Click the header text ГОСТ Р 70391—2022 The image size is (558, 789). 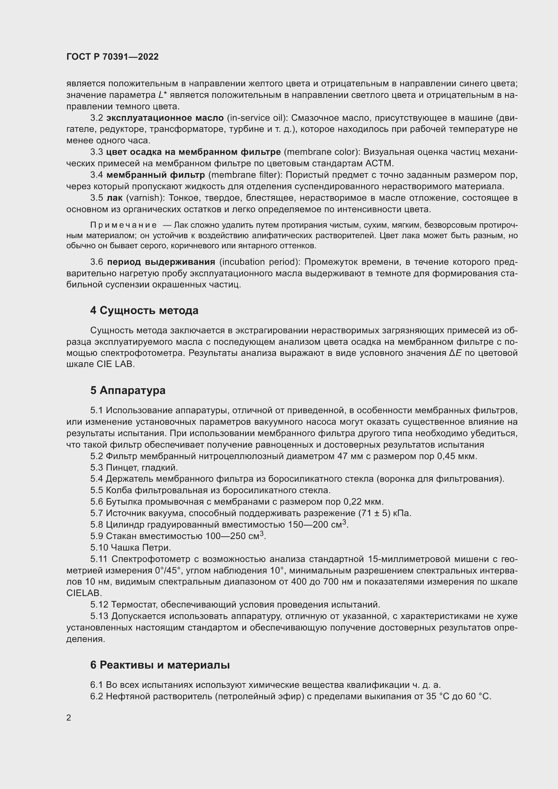(x=112, y=57)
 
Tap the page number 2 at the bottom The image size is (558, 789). (x=69, y=717)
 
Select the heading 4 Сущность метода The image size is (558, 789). (x=144, y=311)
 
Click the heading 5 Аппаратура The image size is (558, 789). (x=128, y=390)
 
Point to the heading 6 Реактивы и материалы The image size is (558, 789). (x=160, y=665)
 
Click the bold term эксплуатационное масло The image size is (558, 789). (x=165, y=118)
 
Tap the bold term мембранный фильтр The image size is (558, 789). (x=156, y=175)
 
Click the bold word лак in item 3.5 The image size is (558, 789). (x=114, y=198)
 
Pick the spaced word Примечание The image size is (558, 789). (x=123, y=225)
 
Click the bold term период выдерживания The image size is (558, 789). (x=161, y=262)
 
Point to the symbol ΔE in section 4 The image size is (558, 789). (x=455, y=353)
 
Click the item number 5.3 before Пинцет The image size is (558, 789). (x=96, y=467)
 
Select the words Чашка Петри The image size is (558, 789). (x=141, y=547)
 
